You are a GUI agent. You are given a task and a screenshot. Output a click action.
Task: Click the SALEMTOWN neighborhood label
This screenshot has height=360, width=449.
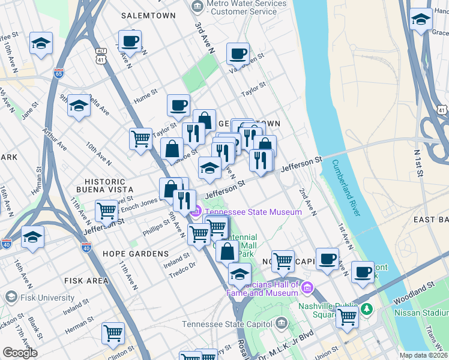tap(148, 15)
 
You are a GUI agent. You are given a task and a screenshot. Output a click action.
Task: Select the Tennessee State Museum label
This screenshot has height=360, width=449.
tap(252, 212)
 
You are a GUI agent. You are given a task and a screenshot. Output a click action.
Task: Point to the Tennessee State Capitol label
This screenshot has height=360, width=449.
tap(228, 325)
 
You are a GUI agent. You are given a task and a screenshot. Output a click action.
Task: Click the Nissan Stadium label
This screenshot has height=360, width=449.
tap(420, 313)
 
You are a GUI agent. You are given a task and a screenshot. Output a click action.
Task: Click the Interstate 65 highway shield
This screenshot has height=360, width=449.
tap(58, 73)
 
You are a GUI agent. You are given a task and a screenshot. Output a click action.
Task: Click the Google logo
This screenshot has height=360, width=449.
tap(20, 352)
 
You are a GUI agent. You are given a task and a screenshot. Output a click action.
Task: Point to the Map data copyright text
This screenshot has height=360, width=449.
tap(423, 355)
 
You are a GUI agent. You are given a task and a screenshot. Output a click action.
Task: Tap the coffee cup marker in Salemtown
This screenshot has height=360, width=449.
tap(130, 42)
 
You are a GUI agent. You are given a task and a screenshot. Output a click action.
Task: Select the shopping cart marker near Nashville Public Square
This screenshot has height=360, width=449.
tap(347, 316)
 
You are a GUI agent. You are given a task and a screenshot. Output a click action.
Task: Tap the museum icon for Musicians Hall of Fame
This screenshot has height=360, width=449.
tap(308, 289)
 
